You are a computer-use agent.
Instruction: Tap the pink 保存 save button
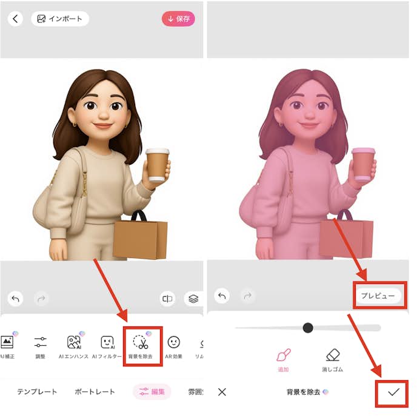[178, 19]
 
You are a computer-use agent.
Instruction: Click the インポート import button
[60, 19]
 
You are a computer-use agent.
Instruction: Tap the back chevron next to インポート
[15, 19]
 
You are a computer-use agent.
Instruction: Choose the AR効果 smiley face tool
[173, 343]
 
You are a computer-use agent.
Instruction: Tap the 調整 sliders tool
[41, 342]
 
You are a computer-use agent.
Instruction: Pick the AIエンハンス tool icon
[74, 343]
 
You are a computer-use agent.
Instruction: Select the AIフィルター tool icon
[107, 343]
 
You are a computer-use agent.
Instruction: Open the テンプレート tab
[37, 392]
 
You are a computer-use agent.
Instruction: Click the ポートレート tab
[95, 392]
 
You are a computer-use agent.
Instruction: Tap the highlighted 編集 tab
[152, 392]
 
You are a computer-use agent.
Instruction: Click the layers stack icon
[193, 299]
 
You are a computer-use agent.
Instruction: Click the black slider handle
[308, 328]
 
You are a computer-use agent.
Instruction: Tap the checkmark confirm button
[394, 392]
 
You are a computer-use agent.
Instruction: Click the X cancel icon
[222, 392]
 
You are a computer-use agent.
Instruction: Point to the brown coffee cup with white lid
[156, 164]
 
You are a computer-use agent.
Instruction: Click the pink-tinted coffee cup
[364, 164]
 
